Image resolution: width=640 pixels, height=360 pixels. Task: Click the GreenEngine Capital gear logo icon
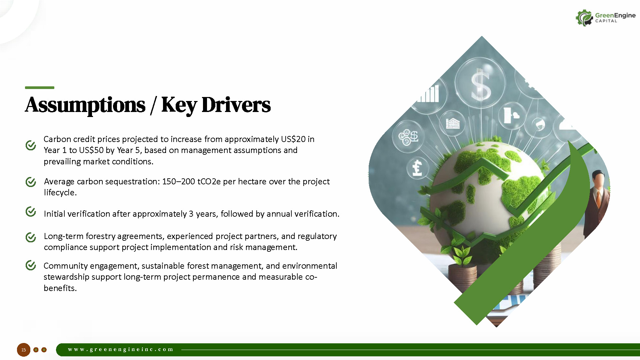click(584, 18)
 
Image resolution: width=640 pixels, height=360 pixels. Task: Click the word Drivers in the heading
click(236, 105)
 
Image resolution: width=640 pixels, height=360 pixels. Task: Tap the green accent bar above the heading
click(40, 88)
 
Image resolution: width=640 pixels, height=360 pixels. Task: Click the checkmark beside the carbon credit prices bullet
click(31, 145)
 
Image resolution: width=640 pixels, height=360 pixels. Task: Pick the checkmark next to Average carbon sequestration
click(31, 182)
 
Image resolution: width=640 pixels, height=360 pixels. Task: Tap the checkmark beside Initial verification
click(31, 211)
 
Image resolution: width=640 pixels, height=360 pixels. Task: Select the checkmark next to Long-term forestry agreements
click(31, 237)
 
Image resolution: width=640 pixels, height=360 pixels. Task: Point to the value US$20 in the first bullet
click(293, 139)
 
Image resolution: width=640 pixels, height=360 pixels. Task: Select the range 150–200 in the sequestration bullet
click(179, 181)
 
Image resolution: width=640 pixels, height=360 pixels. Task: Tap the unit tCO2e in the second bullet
click(209, 182)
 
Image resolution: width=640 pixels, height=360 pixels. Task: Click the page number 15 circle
click(24, 350)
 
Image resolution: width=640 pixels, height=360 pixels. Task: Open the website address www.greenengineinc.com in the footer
click(121, 349)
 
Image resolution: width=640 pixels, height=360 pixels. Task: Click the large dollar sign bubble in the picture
click(480, 83)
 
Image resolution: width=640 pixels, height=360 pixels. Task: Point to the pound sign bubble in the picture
click(417, 168)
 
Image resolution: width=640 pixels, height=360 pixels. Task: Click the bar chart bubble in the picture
click(429, 94)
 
